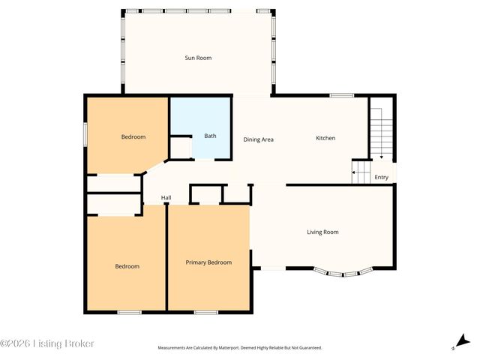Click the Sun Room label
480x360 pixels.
198,58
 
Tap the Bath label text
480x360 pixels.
210,136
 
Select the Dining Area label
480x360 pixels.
257,139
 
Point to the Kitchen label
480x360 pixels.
325,138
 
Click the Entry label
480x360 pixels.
382,177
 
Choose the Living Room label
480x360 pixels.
322,232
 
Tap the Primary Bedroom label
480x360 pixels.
208,262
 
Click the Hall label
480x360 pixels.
166,198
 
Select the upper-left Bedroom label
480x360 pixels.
133,136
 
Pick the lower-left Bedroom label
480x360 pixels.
127,266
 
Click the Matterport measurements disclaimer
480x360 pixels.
239,348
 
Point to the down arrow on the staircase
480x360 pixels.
381,156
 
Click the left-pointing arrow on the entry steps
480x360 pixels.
354,175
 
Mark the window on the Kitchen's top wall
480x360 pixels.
342,95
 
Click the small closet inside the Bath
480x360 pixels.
181,147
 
